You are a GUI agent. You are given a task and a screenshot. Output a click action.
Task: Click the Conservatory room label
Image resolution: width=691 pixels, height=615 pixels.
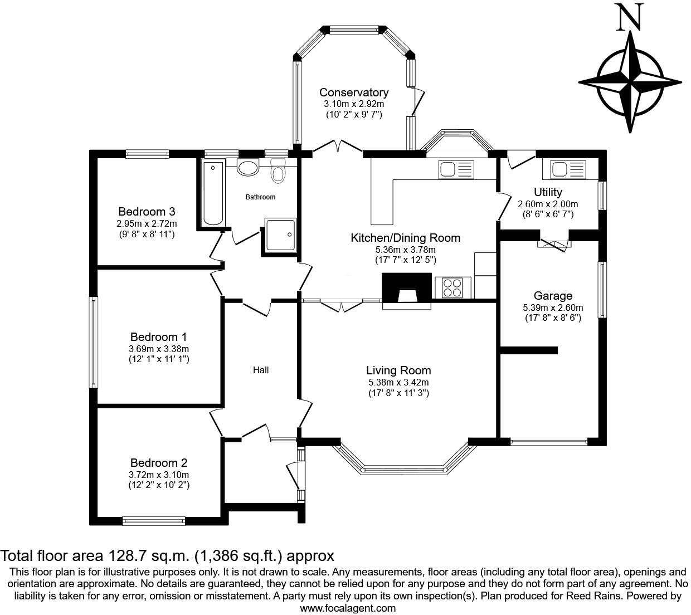click(354, 92)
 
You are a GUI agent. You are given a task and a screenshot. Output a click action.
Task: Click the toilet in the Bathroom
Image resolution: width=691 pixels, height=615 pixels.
click(278, 171)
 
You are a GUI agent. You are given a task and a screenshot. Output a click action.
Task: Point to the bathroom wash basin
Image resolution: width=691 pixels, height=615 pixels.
click(248, 168)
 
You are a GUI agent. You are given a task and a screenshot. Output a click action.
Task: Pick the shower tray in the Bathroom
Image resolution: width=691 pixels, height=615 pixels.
click(280, 235)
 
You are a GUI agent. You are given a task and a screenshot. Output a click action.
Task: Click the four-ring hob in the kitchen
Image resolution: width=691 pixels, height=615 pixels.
click(452, 287)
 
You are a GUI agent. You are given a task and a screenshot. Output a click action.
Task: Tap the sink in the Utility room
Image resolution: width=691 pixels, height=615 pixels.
click(564, 170)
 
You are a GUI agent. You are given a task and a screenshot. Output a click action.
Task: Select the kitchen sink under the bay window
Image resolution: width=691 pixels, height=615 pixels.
click(456, 170)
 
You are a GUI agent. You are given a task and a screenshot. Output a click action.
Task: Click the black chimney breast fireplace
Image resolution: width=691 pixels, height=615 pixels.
click(407, 288)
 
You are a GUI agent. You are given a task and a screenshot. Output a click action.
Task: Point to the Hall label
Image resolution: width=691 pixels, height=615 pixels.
click(261, 370)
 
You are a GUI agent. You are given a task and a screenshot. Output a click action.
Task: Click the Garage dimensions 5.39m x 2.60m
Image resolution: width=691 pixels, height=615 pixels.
click(553, 307)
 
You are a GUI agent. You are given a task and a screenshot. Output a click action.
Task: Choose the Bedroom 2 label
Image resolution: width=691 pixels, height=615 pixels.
click(159, 462)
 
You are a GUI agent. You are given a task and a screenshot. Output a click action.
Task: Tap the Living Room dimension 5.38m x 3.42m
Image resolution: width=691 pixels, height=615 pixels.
click(398, 382)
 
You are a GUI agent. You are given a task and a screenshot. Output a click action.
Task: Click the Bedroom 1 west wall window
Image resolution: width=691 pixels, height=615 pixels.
click(94, 342)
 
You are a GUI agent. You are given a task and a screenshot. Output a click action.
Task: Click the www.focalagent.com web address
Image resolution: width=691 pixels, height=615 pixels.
click(348, 608)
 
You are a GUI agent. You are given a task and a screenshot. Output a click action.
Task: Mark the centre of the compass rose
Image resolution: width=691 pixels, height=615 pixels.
click(630, 82)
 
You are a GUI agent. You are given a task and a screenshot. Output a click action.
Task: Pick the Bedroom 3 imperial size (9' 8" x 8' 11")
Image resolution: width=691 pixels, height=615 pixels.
click(147, 234)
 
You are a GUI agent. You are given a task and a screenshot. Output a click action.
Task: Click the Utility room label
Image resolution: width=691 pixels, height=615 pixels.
click(548, 192)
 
